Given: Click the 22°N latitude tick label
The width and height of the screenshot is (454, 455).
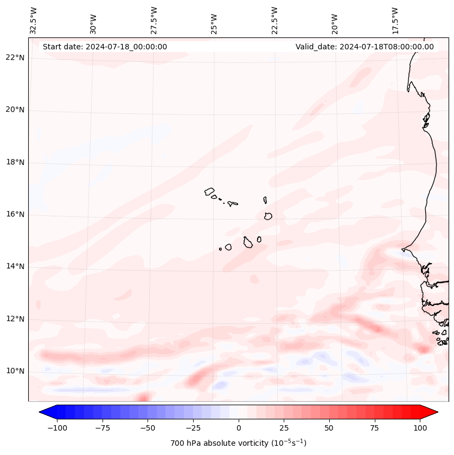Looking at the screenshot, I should [15, 58].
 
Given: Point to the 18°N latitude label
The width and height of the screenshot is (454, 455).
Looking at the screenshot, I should [15, 162].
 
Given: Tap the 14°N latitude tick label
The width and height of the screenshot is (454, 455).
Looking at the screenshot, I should [15, 266].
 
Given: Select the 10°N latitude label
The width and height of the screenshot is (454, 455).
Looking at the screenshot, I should [15, 371].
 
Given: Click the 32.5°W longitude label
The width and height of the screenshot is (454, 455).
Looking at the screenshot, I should [34, 21].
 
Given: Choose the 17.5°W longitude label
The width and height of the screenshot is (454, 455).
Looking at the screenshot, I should [395, 21].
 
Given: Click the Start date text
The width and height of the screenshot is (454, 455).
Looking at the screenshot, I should [105, 47].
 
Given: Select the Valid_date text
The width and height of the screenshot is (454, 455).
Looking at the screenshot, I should [365, 47].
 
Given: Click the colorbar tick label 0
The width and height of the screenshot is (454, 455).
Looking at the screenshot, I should [239, 428].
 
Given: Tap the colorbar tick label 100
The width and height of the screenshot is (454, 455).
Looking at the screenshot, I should [420, 428].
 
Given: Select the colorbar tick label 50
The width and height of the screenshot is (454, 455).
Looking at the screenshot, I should [329, 428].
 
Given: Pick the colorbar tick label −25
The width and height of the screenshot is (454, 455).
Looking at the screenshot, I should [193, 428].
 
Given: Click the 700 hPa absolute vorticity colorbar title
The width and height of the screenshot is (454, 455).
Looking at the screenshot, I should [239, 443].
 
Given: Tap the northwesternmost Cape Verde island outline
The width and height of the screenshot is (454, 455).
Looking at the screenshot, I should [209, 191].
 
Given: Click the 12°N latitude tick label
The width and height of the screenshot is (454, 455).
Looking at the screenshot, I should [15, 319].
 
